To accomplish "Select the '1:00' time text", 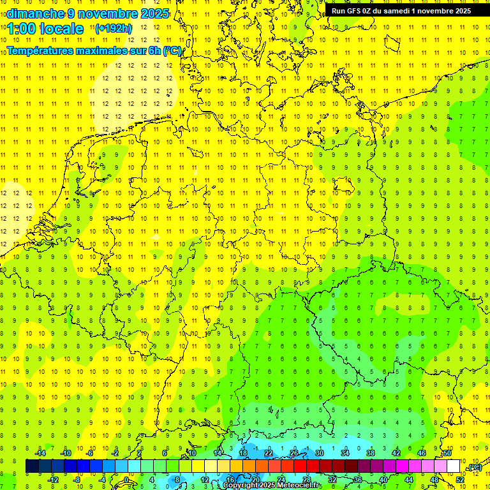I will (22, 29).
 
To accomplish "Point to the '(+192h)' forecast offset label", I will (114, 28).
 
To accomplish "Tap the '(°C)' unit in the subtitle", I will (172, 50).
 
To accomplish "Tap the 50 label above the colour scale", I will (447, 453).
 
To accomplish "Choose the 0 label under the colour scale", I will (126, 479).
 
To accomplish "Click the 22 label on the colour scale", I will (269, 453).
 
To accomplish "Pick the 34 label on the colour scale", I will (345, 453).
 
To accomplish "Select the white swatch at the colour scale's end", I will (453, 466).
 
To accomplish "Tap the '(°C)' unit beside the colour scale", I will (474, 466).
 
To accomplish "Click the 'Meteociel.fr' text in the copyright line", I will (300, 486).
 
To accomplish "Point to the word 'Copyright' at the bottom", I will (242, 486).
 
